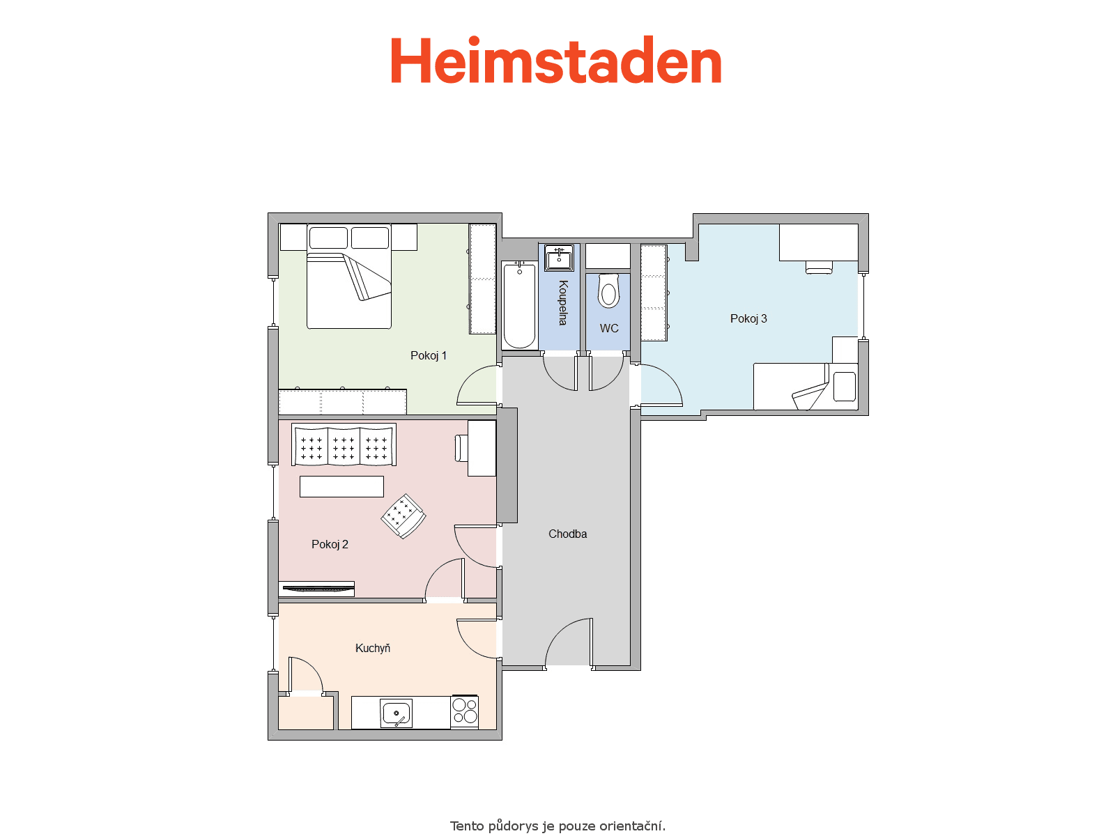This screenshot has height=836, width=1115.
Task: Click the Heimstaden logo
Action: click(556, 60)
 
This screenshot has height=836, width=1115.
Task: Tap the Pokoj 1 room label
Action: click(428, 355)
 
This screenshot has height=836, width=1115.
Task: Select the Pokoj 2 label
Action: click(330, 544)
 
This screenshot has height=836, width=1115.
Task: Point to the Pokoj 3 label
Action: click(748, 318)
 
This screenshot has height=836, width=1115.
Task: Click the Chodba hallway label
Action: click(567, 534)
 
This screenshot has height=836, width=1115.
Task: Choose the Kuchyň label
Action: click(372, 648)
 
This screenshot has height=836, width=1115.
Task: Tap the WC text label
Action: click(609, 328)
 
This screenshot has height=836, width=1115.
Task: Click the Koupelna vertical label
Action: click(563, 302)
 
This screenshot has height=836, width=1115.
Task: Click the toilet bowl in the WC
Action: click(608, 291)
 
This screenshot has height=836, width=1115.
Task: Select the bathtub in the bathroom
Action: click(519, 305)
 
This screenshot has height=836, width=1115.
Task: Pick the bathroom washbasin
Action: click(559, 257)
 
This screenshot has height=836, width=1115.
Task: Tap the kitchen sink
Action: click(397, 713)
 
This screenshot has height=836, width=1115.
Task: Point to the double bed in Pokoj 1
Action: click(349, 277)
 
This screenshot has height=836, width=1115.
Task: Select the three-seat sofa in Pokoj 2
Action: click(344, 444)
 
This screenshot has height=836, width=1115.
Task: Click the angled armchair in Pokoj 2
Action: click(403, 516)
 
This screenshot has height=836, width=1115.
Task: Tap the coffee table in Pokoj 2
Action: click(341, 486)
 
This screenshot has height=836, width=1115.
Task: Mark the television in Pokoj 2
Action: click(316, 589)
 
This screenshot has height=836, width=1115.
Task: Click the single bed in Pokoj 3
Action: click(806, 386)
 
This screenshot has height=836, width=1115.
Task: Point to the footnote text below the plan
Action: click(557, 826)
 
